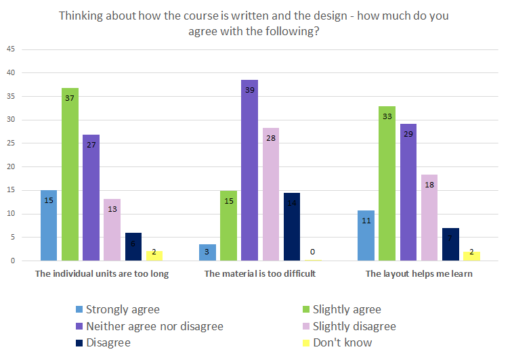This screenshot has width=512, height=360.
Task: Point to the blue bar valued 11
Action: click(366, 235)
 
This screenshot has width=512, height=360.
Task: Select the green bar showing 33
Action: click(387, 183)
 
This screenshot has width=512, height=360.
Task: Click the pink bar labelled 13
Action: click(112, 230)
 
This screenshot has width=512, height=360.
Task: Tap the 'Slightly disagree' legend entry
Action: click(352, 326)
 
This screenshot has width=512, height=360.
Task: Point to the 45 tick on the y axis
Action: click(11, 49)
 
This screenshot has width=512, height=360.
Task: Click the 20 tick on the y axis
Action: click(11, 167)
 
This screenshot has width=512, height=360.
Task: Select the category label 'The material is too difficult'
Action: click(260, 274)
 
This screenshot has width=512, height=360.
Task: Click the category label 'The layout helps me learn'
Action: click(419, 274)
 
